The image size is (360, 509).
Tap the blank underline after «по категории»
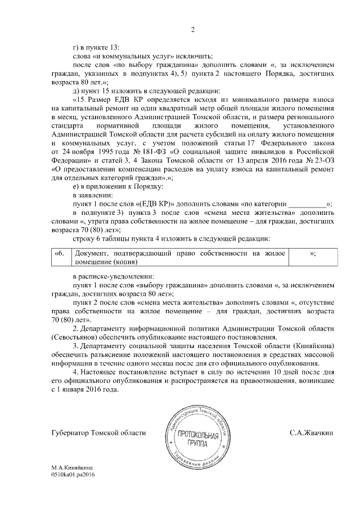(307, 203)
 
